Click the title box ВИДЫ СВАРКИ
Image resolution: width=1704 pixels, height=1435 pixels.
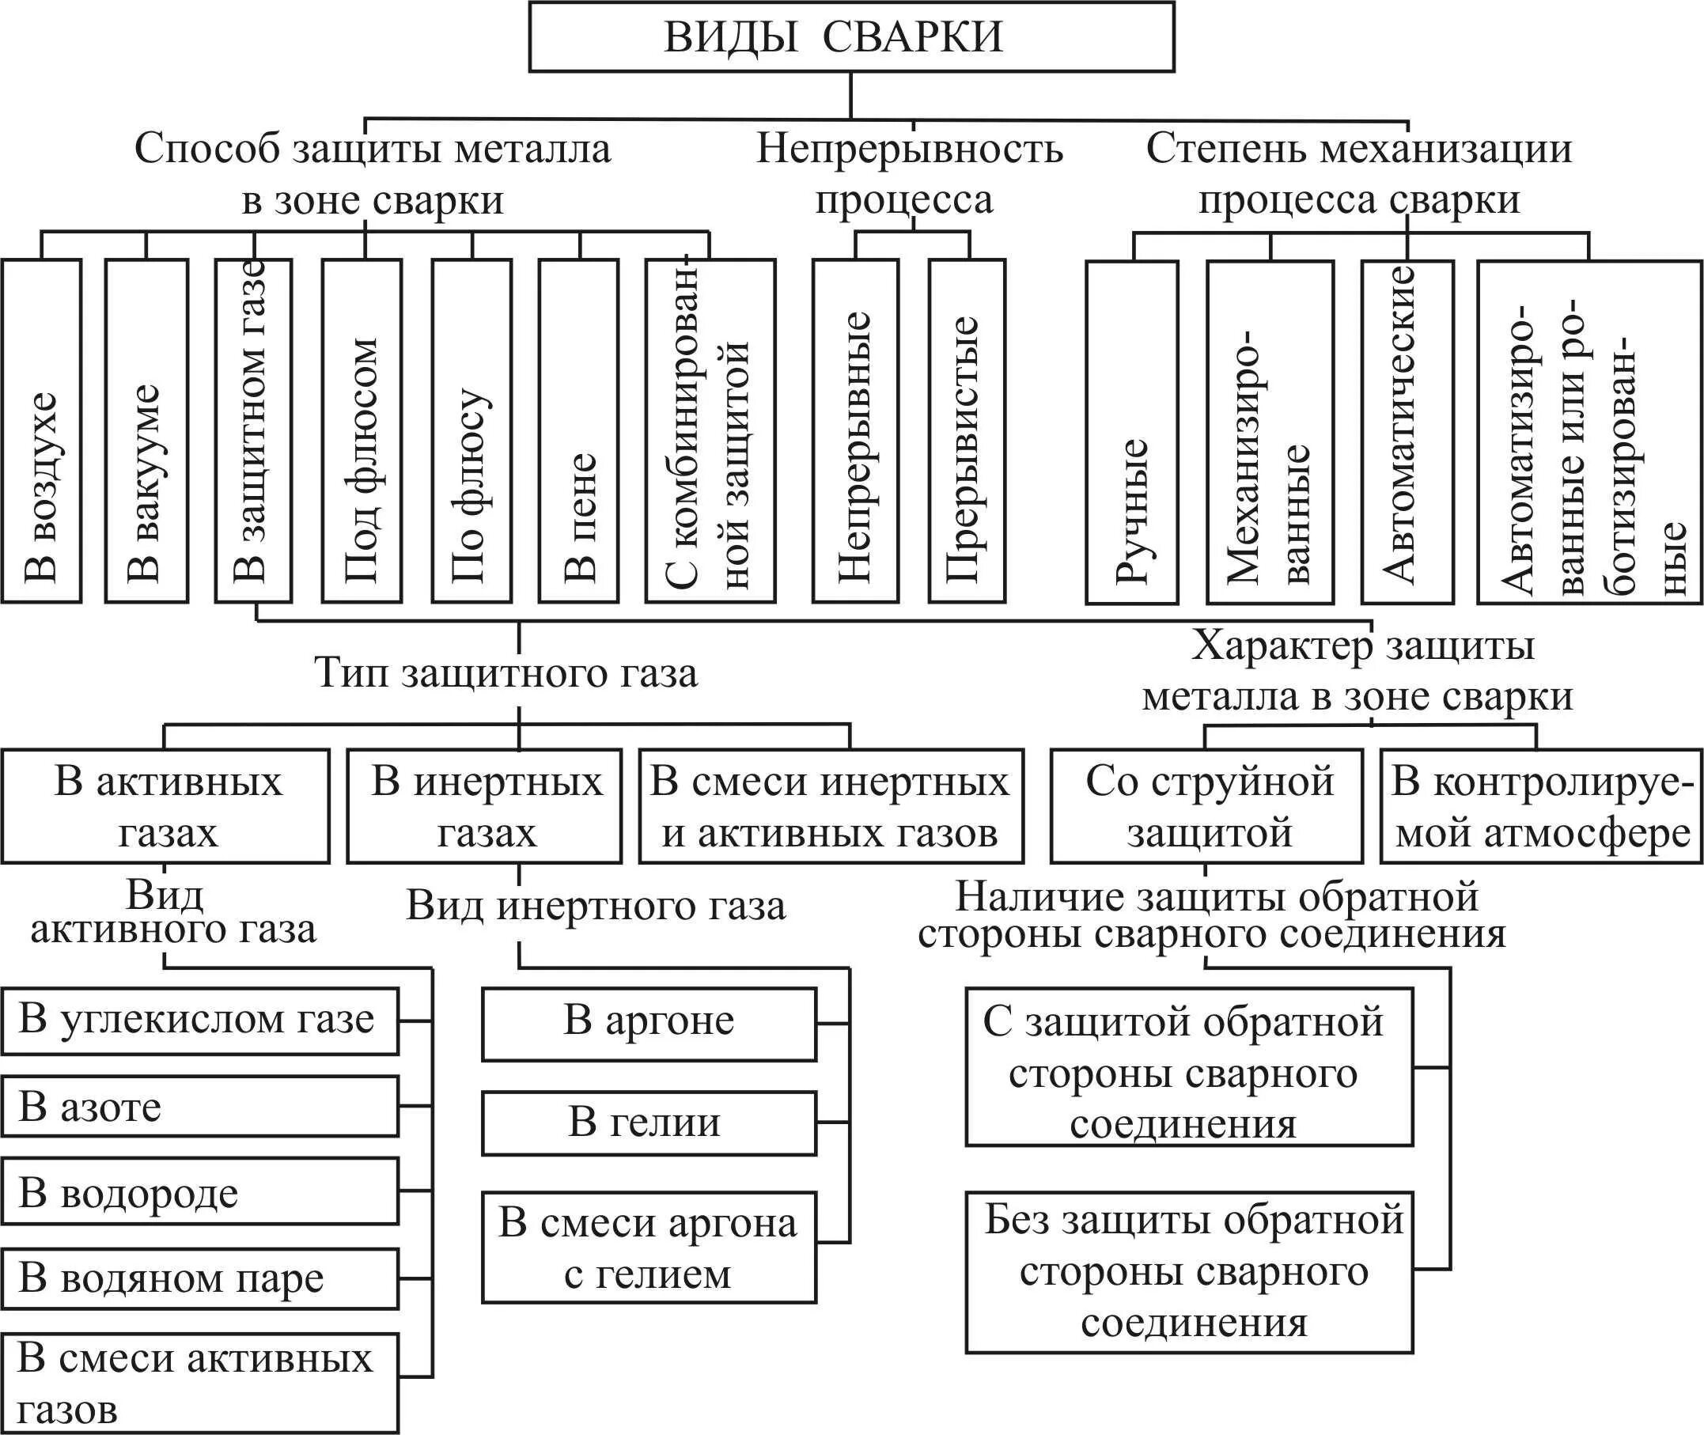pos(850,36)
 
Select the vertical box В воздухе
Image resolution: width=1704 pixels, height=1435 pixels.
pos(40,431)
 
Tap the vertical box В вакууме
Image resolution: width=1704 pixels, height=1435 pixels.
pos(146,431)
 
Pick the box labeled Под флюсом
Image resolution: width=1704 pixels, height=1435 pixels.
pos(362,431)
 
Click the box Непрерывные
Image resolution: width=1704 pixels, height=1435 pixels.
pos(855,431)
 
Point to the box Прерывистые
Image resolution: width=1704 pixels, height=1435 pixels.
pos(966,431)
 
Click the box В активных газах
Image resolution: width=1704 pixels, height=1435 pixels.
pos(166,806)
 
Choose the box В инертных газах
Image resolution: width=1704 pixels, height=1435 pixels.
pos(485,806)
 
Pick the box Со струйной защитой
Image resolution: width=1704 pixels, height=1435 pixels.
pos(1206,806)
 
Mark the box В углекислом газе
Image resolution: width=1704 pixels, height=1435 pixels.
pos(199,1021)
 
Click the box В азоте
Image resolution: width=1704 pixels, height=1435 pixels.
pos(199,1107)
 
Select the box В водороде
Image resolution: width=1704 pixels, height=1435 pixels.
pos(199,1193)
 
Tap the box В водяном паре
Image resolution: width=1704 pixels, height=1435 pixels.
pos(199,1279)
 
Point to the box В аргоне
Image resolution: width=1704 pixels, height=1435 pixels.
pos(648,1024)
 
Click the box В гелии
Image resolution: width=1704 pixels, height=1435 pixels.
pos(648,1123)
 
